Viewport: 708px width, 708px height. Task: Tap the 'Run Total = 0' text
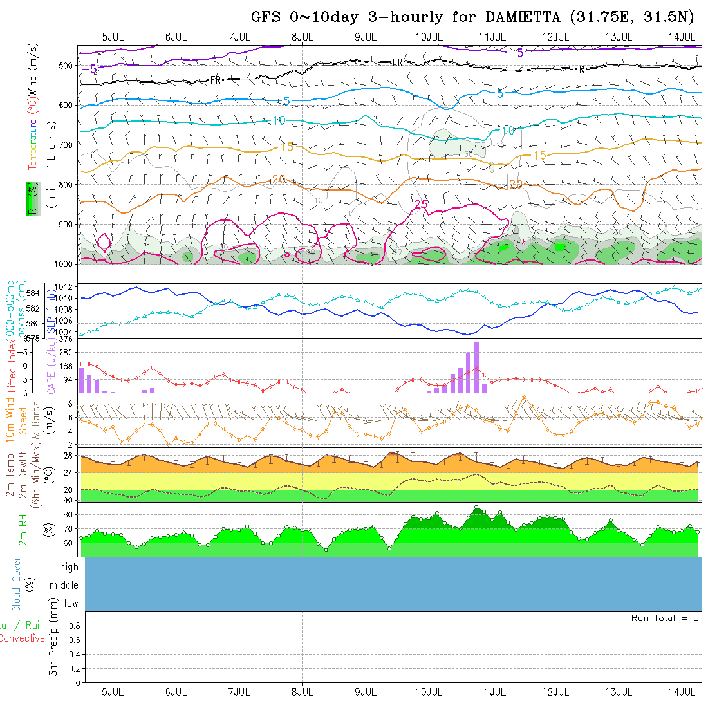pos(665,618)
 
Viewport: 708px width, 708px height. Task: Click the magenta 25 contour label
pos(422,204)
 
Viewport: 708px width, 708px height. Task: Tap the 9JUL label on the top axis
pos(366,36)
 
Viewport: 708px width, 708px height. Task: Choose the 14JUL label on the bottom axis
pos(682,692)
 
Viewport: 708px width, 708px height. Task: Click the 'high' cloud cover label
pos(68,567)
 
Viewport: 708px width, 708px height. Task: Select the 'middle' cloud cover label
pos(64,585)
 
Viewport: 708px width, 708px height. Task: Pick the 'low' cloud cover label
pos(70,604)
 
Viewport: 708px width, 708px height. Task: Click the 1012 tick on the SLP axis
pos(66,286)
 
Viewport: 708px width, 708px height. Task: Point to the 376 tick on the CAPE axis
pos(66,339)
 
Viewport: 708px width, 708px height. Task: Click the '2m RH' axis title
pos(23,528)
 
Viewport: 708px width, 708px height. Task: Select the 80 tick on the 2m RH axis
pos(67,514)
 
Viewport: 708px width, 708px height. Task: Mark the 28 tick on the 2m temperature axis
pos(67,456)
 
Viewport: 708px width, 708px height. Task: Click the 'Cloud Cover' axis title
pos(17,584)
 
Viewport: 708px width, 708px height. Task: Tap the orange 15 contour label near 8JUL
pos(286,147)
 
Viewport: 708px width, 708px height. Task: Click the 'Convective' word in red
pos(22,638)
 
